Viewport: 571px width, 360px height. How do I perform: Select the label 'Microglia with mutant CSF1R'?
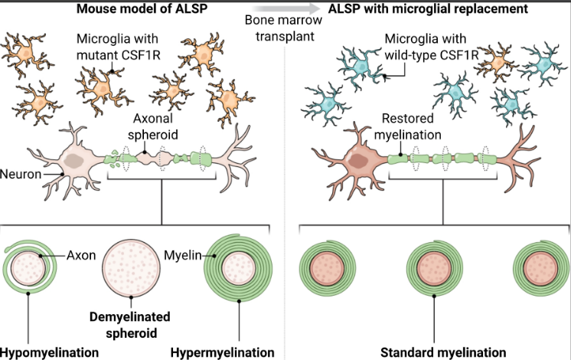coord(118,45)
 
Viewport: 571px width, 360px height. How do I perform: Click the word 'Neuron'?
coord(21,172)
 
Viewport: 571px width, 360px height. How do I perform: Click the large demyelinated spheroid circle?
coord(132,267)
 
